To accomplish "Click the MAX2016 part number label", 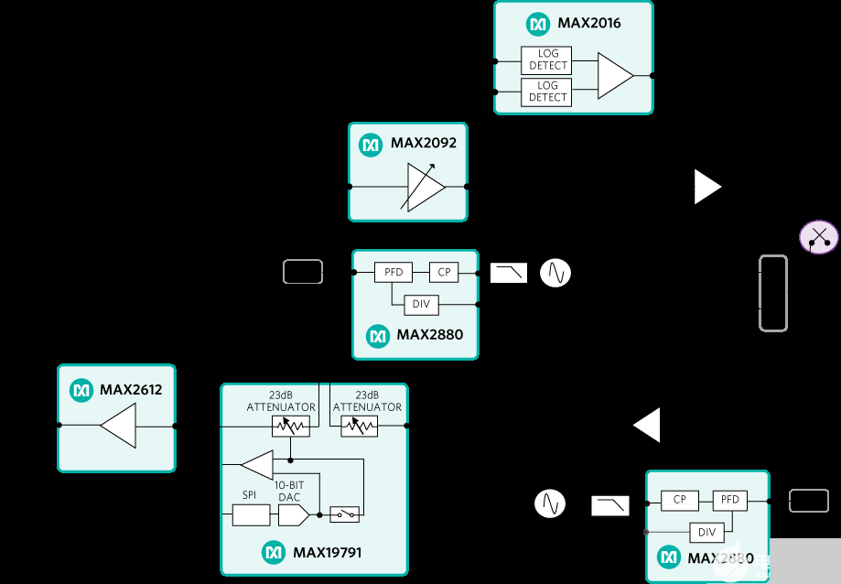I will (588, 23).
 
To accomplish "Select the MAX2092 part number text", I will (423, 143).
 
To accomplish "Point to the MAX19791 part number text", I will (328, 552).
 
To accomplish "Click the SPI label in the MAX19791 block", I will (249, 494).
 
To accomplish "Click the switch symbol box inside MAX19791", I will (344, 515).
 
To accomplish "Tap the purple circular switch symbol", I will (818, 238).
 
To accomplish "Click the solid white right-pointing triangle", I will (707, 187).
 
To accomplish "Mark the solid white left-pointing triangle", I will (647, 426).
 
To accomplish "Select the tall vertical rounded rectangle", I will (772, 293).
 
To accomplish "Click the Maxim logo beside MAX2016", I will (537, 24).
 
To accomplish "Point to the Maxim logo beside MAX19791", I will (274, 552).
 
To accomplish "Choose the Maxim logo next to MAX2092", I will (371, 144).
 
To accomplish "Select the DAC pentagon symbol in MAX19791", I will (294, 515).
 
